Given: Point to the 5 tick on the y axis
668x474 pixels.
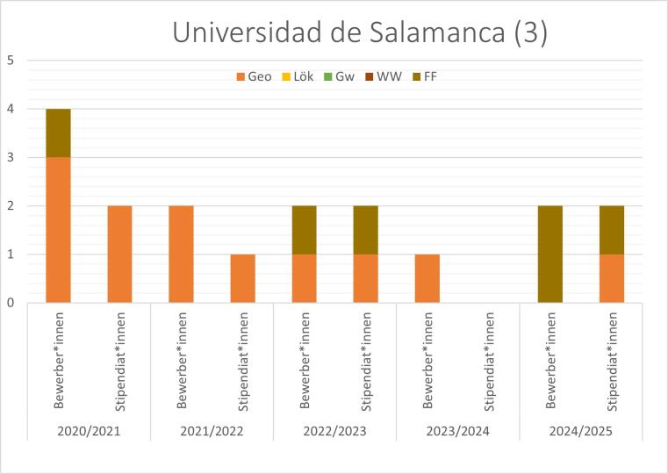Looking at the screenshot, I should pyautogui.click(x=10, y=61).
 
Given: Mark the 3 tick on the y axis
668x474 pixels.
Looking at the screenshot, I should pyautogui.click(x=10, y=158).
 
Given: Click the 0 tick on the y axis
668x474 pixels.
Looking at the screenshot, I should pyautogui.click(x=10, y=303).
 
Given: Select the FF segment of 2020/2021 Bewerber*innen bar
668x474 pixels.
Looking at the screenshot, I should pyautogui.click(x=58, y=133).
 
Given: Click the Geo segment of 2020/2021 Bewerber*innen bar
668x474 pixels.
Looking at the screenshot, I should pyautogui.click(x=58, y=230).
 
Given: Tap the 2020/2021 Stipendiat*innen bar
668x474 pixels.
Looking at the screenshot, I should pyautogui.click(x=119, y=255).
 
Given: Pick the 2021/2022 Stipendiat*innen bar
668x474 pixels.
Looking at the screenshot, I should pyautogui.click(x=242, y=278).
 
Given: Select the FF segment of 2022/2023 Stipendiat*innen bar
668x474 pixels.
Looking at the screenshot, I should pyautogui.click(x=365, y=230).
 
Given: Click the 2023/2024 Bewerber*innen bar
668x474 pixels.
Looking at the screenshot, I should pyautogui.click(x=427, y=278).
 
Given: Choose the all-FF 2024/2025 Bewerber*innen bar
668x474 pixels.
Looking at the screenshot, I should pyautogui.click(x=549, y=255).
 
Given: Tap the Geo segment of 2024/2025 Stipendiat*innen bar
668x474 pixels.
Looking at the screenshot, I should pyautogui.click(x=611, y=278).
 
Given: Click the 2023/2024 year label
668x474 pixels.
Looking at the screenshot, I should pyautogui.click(x=457, y=432).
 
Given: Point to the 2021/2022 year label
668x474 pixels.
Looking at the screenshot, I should pyautogui.click(x=212, y=432).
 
